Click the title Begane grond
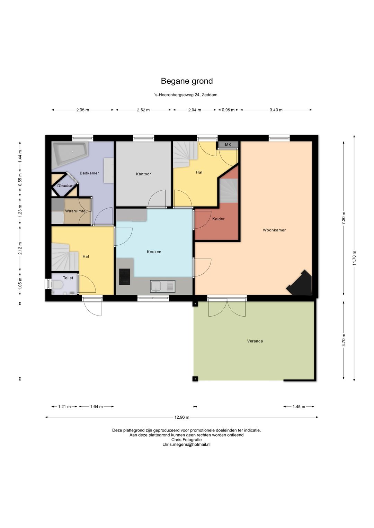click(187, 81)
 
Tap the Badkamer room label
click(89, 173)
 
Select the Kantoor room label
click(143, 174)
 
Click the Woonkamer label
click(274, 230)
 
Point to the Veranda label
click(255, 341)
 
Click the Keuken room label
click(154, 252)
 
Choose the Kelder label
click(218, 219)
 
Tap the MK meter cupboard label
click(228, 145)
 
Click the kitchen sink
click(162, 286)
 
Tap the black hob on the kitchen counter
click(125, 277)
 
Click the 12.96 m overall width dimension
click(182, 417)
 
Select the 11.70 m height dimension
click(354, 258)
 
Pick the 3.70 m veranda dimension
click(344, 340)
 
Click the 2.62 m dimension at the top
click(143, 110)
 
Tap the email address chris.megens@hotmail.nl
click(186, 444)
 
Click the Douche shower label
click(64, 186)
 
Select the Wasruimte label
click(75, 211)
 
